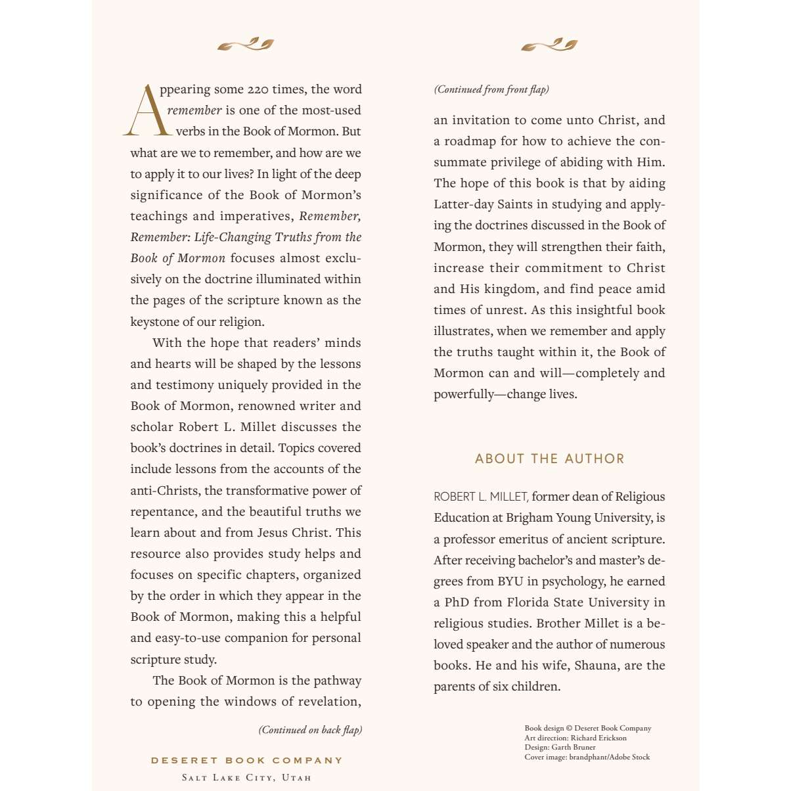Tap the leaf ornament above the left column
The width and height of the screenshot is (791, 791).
(246, 45)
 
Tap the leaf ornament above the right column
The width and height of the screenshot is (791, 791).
(549, 45)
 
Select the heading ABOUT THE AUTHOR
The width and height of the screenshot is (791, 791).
(549, 459)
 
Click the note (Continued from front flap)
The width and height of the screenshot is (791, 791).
(491, 89)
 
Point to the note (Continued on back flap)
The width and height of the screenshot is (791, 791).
(310, 730)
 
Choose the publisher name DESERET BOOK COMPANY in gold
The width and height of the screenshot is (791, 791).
(247, 760)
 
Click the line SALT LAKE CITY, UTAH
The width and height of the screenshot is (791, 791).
(246, 778)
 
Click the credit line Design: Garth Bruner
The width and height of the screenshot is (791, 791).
(560, 747)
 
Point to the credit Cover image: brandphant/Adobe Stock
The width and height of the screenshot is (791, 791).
(587, 757)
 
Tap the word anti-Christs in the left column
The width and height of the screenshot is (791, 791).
(165, 491)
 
